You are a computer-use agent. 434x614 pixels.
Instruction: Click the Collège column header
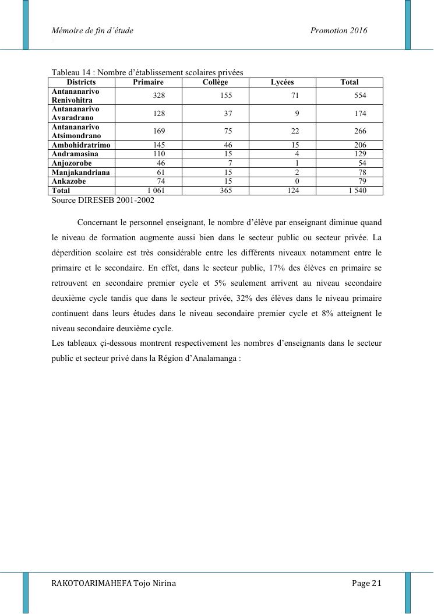click(x=215, y=82)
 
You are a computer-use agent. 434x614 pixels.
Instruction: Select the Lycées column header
click(x=283, y=82)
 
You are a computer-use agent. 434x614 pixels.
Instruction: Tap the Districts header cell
click(x=82, y=82)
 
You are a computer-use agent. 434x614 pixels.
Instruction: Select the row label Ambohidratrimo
click(x=81, y=145)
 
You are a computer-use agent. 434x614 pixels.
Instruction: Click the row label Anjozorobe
click(x=72, y=163)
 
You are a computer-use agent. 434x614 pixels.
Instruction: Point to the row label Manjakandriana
click(x=81, y=173)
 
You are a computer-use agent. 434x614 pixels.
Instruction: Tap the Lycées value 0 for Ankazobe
click(x=297, y=181)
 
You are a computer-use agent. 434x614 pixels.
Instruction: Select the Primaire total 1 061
click(x=156, y=190)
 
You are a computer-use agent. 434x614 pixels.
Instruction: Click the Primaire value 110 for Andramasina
click(x=158, y=154)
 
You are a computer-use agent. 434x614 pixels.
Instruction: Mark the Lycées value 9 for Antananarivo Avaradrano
click(x=297, y=113)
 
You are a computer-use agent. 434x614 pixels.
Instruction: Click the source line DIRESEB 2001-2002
click(x=103, y=200)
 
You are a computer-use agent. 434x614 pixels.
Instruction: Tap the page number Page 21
click(x=366, y=583)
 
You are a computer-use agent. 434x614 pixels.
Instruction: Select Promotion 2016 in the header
click(x=339, y=30)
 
